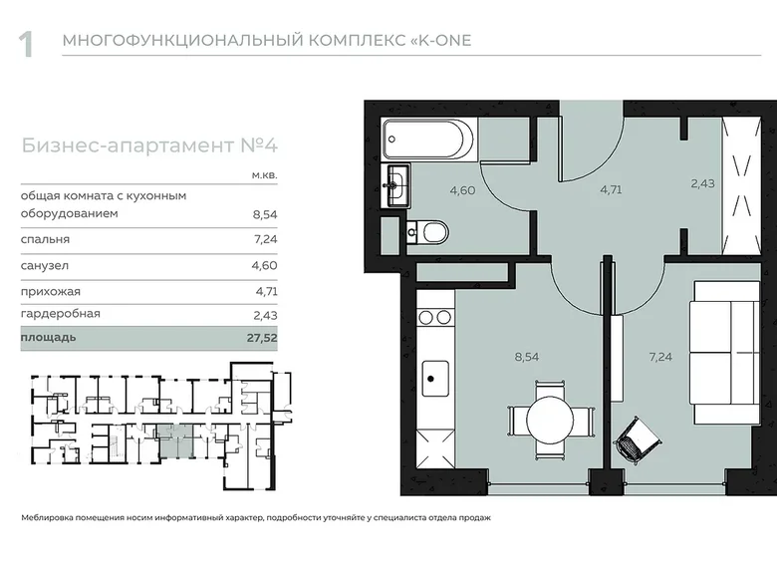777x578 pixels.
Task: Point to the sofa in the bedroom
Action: tap(723, 352)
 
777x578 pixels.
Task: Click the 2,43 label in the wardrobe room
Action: tap(703, 183)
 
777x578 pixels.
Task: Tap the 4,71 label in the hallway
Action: tap(610, 188)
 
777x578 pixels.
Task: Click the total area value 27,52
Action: tap(263, 339)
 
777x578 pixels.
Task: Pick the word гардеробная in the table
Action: tap(60, 314)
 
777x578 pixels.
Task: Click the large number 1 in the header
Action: tap(27, 45)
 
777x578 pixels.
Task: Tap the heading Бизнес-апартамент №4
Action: tap(148, 145)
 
